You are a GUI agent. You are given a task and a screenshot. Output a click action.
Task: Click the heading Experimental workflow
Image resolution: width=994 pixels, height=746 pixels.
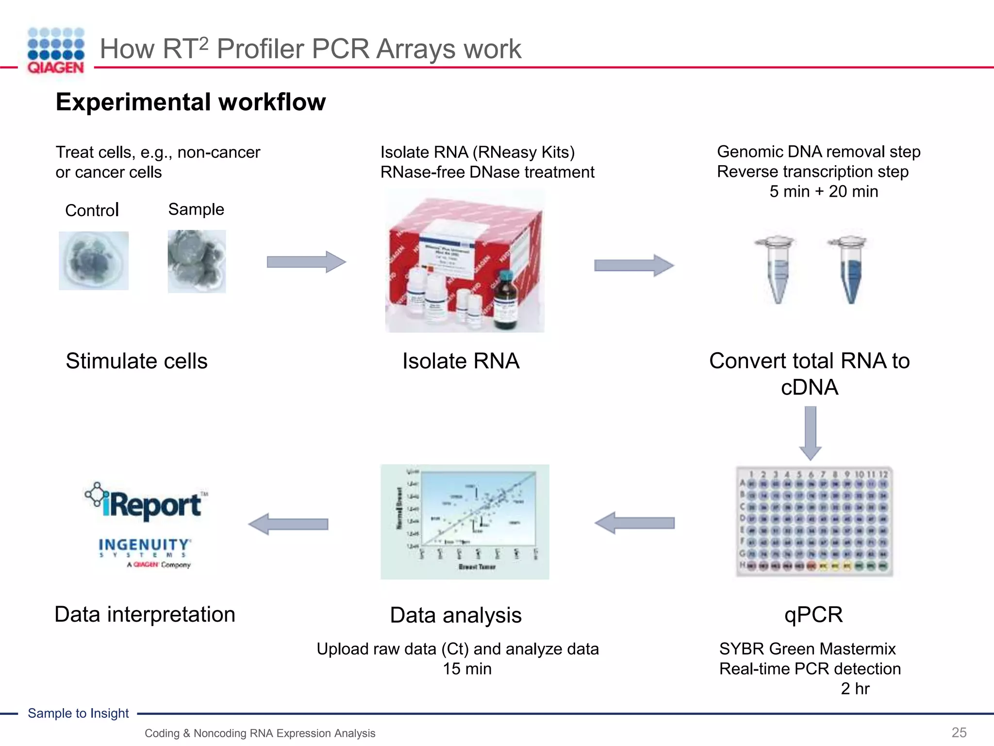click(x=191, y=102)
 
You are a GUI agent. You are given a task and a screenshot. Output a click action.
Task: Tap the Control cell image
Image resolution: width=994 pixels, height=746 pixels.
click(x=94, y=261)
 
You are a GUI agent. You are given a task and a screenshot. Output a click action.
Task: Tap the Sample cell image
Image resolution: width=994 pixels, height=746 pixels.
click(x=197, y=261)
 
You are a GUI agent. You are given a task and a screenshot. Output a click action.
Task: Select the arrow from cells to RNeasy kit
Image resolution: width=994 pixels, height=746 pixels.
click(x=306, y=262)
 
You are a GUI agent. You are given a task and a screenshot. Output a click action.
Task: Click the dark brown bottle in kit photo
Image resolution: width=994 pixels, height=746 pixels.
click(x=506, y=299)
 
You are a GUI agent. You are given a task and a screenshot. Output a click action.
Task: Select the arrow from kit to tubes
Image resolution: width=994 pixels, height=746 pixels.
click(x=634, y=265)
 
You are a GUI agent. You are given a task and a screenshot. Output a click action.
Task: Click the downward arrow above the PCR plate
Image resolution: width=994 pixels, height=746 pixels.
click(x=810, y=433)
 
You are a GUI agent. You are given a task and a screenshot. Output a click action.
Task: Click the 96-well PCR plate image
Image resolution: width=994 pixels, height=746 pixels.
click(x=814, y=522)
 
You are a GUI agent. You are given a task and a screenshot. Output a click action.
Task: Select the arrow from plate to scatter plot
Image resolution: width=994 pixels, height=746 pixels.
click(x=634, y=523)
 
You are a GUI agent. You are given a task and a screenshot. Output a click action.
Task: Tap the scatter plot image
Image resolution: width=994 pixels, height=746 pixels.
click(x=464, y=522)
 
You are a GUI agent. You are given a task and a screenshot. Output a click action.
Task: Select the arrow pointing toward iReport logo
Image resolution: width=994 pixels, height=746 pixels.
click(x=288, y=524)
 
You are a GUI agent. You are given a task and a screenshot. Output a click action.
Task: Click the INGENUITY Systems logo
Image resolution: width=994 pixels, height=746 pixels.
click(x=145, y=551)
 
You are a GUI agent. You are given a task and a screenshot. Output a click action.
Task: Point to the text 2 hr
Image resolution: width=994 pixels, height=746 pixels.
click(x=855, y=689)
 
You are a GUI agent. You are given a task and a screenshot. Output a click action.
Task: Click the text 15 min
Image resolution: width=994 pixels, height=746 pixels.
click(x=467, y=669)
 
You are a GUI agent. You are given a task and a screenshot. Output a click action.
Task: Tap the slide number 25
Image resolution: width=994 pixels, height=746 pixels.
click(x=959, y=732)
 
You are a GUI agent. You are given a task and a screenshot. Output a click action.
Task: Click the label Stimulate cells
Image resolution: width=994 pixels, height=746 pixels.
click(x=136, y=361)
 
